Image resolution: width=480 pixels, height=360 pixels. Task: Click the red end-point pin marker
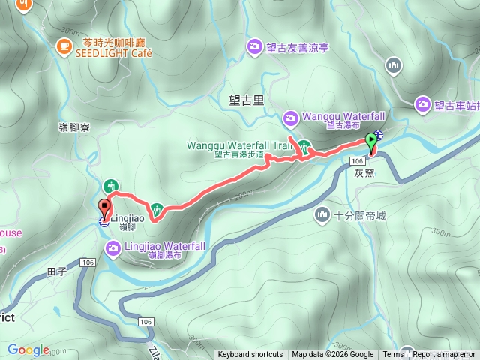(x=104, y=207)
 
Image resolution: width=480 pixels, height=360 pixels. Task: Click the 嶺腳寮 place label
(x=75, y=127)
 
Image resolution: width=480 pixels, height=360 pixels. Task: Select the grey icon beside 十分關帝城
(x=323, y=215)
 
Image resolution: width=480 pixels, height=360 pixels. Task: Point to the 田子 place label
(x=56, y=271)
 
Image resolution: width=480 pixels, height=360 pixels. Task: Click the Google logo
(x=28, y=349)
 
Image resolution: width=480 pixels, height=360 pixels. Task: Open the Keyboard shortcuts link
(x=250, y=355)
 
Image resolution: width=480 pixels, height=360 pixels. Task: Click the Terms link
(x=393, y=355)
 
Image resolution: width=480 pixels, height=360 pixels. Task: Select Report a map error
(x=445, y=355)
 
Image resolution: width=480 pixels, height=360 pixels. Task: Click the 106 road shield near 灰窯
(x=357, y=161)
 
